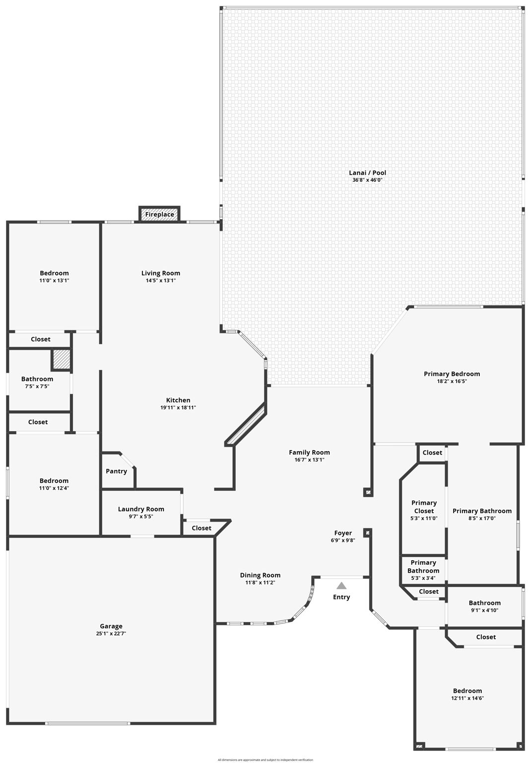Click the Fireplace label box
(x=159, y=214)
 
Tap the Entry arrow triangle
(x=341, y=586)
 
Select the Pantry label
(x=116, y=471)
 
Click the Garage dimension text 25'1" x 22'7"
(x=111, y=634)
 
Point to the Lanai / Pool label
(x=367, y=173)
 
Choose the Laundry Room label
(x=141, y=509)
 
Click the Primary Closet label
(x=424, y=507)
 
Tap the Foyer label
(x=343, y=533)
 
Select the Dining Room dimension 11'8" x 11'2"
(x=260, y=583)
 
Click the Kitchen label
(x=178, y=400)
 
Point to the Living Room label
(x=161, y=273)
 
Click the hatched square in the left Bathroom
(x=61, y=360)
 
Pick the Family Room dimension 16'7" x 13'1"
(x=309, y=460)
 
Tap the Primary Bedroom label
(x=452, y=374)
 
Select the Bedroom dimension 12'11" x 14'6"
(x=467, y=698)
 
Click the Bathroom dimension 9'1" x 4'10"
(x=484, y=610)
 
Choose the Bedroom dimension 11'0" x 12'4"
(x=54, y=488)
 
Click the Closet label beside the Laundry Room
(x=201, y=528)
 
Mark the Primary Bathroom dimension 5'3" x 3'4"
(x=423, y=578)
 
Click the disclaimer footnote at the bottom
(x=265, y=760)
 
